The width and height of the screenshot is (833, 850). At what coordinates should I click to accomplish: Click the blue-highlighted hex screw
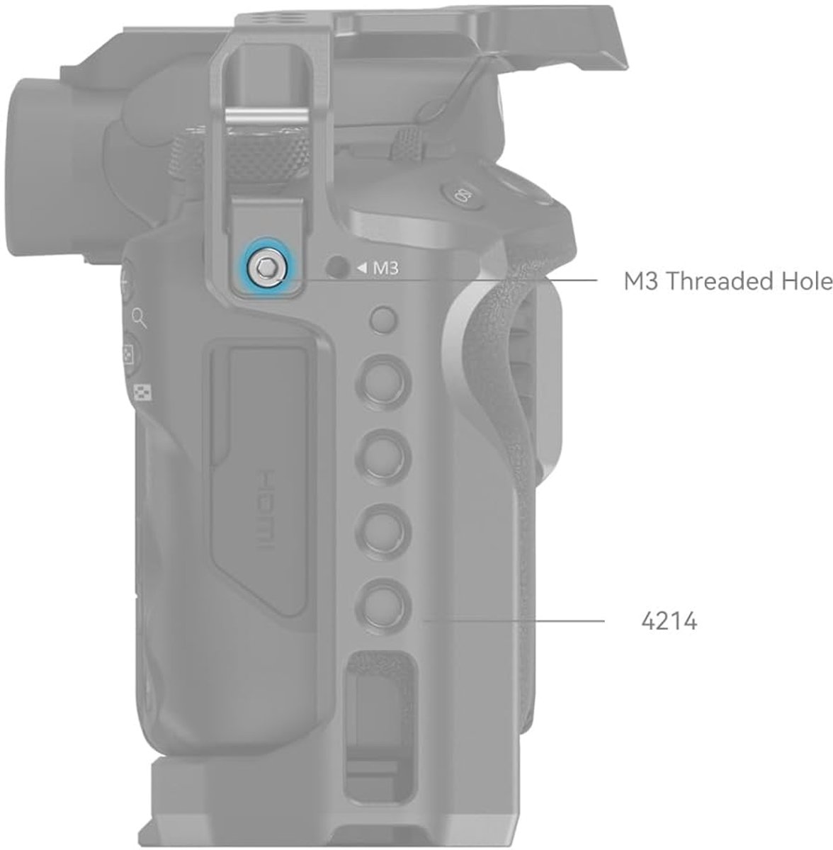tap(266, 267)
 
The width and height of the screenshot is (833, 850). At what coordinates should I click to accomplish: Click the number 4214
tap(669, 622)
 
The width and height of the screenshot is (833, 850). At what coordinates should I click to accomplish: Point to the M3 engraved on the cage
tap(385, 268)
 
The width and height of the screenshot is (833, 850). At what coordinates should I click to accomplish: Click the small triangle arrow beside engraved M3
tap(362, 268)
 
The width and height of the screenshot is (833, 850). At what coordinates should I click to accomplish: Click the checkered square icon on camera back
tap(143, 392)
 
